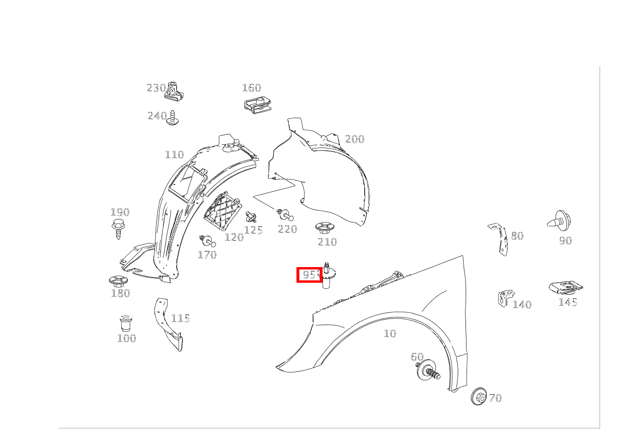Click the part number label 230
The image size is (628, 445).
click(x=156, y=88)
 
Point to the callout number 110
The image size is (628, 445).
click(x=174, y=155)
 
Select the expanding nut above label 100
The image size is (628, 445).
click(x=126, y=324)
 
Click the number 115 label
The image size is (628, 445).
click(x=180, y=318)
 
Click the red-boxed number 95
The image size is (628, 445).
click(x=310, y=275)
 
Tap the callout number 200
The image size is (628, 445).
click(x=354, y=139)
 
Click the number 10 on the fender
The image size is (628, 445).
click(x=389, y=334)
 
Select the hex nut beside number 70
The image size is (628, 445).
click(x=479, y=396)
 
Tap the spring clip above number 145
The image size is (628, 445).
click(x=566, y=287)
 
